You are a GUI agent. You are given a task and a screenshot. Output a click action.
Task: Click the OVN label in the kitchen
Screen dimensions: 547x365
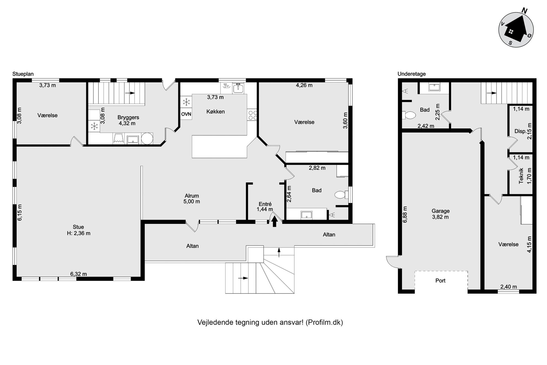[186, 114]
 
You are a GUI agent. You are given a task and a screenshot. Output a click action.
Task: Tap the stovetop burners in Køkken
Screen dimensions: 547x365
[253, 115]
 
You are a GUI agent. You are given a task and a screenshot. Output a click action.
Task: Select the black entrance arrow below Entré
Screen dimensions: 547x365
[274, 221]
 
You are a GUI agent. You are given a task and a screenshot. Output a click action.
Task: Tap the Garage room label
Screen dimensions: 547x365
[441, 211]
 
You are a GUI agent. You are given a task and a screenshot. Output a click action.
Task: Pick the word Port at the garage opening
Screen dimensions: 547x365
[440, 281]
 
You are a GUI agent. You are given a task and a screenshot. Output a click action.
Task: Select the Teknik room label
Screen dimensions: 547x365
[521, 176]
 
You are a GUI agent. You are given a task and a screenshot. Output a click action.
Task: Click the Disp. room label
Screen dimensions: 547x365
[520, 131]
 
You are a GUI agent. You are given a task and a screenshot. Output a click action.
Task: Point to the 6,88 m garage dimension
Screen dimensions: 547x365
[405, 215]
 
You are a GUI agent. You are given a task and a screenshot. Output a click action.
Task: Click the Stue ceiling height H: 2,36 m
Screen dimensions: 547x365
[79, 233]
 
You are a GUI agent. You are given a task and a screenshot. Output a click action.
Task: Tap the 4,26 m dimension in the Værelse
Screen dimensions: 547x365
[304, 85]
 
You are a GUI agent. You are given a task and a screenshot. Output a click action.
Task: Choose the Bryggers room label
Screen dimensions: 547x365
[128, 118]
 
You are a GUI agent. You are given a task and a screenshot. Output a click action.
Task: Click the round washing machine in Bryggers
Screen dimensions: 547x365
[147, 138]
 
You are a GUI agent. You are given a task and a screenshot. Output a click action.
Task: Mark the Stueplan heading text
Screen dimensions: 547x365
[23, 74]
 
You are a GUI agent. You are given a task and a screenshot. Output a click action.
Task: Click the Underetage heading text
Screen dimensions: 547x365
[412, 74]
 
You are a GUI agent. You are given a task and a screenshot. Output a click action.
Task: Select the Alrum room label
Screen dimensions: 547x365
[192, 196]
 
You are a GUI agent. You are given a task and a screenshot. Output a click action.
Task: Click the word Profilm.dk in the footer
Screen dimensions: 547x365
[324, 322]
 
